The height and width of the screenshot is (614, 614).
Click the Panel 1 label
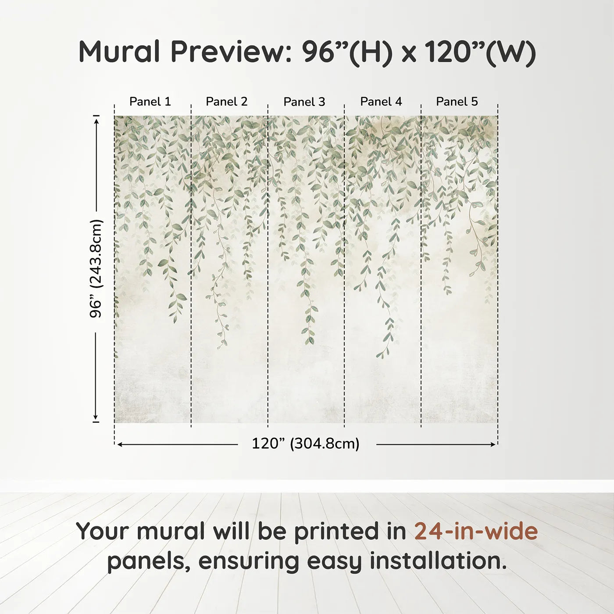[x=150, y=102]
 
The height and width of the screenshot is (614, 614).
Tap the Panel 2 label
[x=227, y=102]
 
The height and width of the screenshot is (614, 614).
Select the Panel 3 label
[x=304, y=102]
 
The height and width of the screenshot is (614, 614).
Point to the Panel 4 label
[x=381, y=102]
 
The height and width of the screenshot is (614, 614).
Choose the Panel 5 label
[x=457, y=102]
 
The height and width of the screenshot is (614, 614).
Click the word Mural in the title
[x=119, y=52]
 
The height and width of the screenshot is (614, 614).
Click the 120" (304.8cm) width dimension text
[x=306, y=444]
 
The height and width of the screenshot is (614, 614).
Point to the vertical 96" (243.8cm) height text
[x=96, y=268]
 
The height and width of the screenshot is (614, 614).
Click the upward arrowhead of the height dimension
[x=96, y=119]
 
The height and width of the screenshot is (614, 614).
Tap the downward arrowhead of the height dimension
[x=96, y=418]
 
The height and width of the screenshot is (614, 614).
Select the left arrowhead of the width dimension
[x=120, y=445]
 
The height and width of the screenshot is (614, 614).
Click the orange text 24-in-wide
[x=476, y=532]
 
